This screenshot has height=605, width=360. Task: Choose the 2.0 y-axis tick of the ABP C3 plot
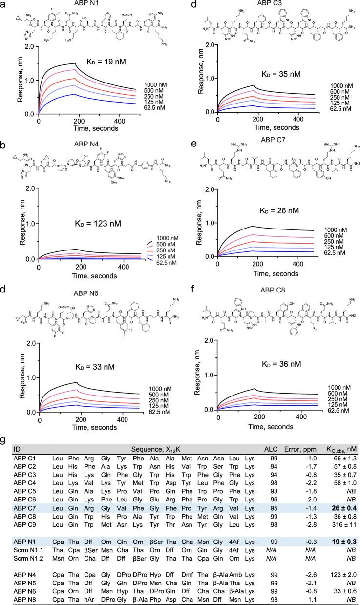(209, 45)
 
